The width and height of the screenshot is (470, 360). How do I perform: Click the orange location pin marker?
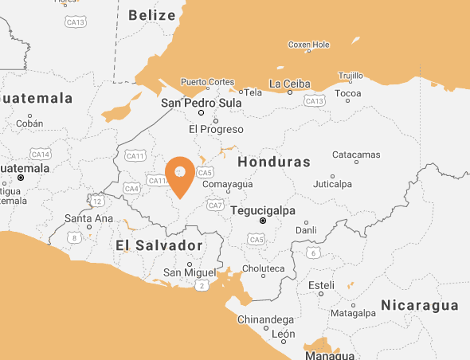179,174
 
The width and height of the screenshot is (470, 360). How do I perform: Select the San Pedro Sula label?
202,103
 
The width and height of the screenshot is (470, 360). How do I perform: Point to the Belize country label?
151,15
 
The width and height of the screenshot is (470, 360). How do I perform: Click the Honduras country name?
273,162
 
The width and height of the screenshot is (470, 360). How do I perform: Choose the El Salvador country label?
159,245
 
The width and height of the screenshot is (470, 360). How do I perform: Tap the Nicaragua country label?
419,305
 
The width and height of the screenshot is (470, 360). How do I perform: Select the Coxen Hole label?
308,45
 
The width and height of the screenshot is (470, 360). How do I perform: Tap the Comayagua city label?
227,184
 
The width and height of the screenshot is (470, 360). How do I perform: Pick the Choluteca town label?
263,268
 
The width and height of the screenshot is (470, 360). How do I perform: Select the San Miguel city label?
189,272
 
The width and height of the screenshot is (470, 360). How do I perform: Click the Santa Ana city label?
88,218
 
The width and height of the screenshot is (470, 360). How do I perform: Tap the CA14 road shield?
40,154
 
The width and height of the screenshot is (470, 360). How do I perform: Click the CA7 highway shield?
215,205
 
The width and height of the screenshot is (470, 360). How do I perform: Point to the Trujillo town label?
351,76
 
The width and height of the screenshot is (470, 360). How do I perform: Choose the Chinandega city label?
265,319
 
